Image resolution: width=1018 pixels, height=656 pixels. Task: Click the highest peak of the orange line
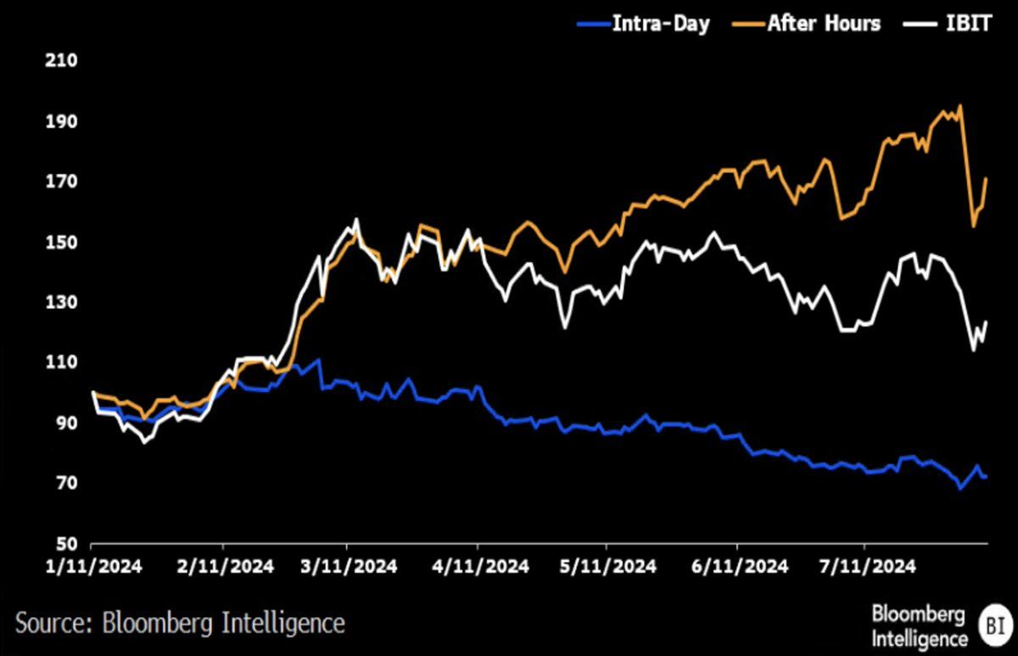click(959, 106)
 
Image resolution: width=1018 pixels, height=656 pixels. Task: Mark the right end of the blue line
click(986, 477)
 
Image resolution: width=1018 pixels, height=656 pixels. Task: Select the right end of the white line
click(987, 322)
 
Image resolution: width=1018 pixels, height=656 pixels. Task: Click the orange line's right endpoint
click(987, 178)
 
